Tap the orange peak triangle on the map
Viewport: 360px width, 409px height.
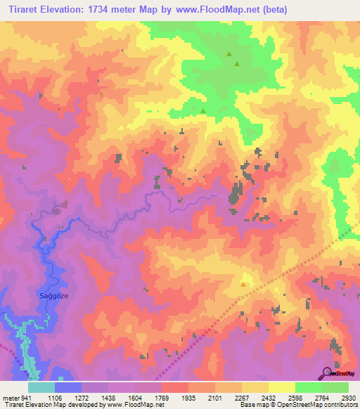click(243, 285)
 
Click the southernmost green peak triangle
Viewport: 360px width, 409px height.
click(204, 110)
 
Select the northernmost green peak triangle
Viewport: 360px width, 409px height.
click(229, 53)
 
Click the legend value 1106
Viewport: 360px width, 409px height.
click(54, 396)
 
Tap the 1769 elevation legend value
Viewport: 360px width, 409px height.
click(161, 396)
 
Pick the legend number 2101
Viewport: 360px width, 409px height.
click(214, 396)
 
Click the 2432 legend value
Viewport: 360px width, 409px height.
click(268, 396)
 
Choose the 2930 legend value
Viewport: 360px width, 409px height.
click(347, 396)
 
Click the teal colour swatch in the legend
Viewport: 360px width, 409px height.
click(41, 387)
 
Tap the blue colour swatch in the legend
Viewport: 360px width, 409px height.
click(67, 387)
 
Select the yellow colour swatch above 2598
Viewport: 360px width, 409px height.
click(281, 387)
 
